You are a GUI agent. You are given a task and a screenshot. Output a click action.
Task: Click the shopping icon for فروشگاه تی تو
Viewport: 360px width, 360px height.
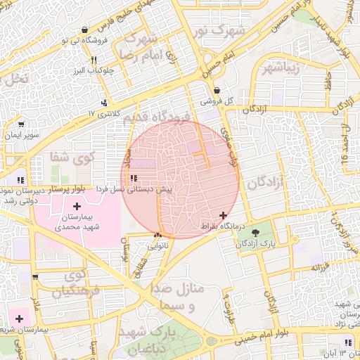85,30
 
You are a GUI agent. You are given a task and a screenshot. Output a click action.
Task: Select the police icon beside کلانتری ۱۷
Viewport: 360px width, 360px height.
105,103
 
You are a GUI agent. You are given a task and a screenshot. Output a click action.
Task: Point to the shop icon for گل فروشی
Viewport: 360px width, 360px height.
217,91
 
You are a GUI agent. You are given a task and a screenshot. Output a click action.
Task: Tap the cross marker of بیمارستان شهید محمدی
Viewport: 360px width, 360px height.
77,206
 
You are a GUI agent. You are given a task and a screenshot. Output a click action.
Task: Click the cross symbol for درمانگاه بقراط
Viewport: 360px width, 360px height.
223,215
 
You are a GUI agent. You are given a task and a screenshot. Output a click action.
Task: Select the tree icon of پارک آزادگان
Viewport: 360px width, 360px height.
255,232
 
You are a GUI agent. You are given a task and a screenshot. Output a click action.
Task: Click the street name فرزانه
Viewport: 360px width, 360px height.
320,267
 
